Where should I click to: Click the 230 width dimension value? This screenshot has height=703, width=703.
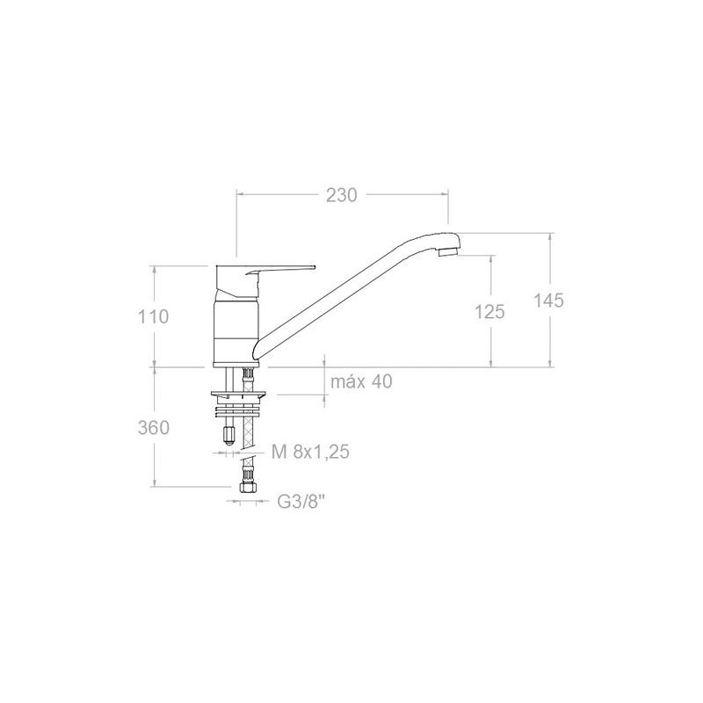click(x=341, y=195)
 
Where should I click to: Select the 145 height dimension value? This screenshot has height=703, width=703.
click(x=548, y=301)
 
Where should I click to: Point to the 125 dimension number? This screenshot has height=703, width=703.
click(x=489, y=312)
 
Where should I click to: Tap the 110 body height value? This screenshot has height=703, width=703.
click(x=153, y=317)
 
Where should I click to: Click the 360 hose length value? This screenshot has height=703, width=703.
click(x=154, y=428)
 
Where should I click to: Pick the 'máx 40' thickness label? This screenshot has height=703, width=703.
click(x=361, y=381)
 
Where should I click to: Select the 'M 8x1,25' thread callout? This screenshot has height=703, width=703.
click(x=310, y=452)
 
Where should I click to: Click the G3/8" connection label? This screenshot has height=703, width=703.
click(x=301, y=502)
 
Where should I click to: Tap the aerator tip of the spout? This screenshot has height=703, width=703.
click(x=448, y=252)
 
